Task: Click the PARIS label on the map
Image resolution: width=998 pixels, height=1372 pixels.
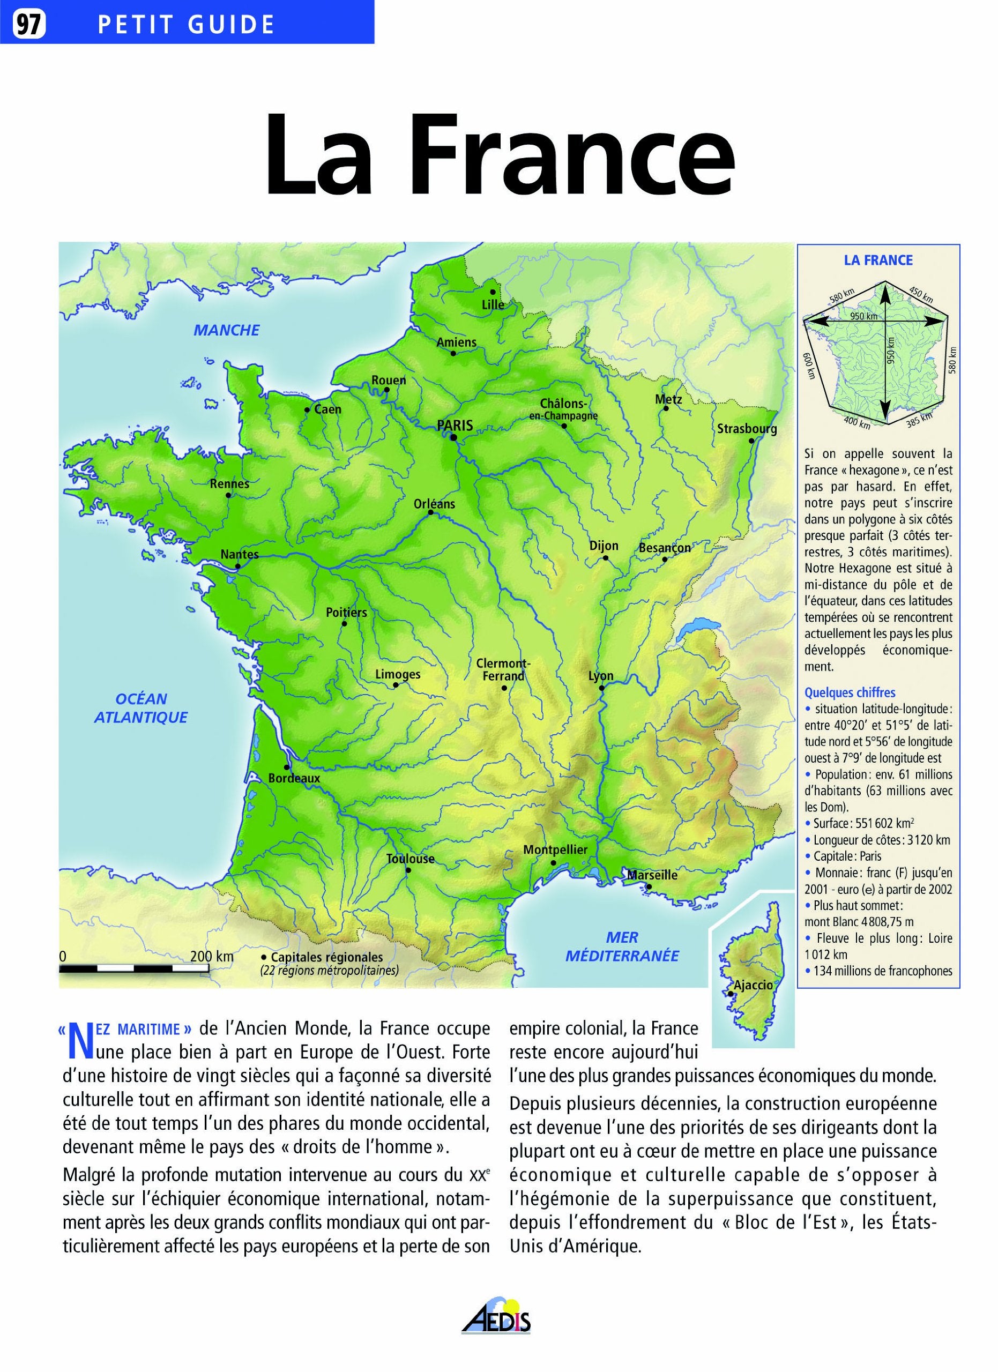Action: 455,426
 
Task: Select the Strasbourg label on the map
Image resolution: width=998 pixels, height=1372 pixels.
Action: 747,429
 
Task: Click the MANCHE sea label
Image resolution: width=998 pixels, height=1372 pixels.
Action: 226,330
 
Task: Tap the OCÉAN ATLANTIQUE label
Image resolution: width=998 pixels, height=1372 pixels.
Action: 141,708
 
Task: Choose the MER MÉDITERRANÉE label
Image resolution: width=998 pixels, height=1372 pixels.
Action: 622,946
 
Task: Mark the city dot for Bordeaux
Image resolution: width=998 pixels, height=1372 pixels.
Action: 286,767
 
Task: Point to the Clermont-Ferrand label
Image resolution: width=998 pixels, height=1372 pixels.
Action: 503,669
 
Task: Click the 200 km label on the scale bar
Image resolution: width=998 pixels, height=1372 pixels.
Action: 212,957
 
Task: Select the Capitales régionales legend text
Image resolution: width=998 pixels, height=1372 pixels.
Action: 326,958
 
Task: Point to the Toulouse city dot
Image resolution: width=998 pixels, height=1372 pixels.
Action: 408,870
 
